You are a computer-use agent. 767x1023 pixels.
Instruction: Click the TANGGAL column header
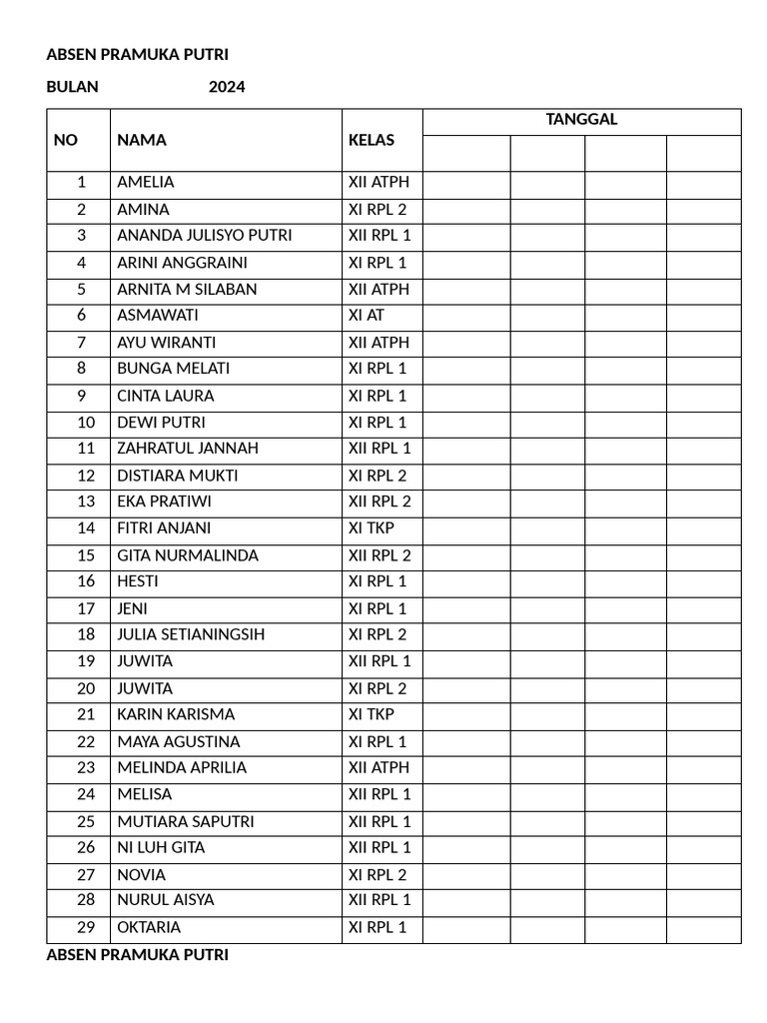pyautogui.click(x=581, y=120)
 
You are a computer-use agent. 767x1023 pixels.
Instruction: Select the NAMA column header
pyautogui.click(x=142, y=140)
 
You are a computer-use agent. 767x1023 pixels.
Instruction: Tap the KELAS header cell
pyautogui.click(x=371, y=140)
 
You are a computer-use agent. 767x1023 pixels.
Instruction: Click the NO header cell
pyautogui.click(x=66, y=140)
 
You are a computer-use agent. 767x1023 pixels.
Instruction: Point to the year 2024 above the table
pyautogui.click(x=227, y=87)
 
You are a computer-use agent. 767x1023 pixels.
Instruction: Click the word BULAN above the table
pyautogui.click(x=73, y=87)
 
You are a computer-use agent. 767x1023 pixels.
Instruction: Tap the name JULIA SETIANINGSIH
pyautogui.click(x=191, y=634)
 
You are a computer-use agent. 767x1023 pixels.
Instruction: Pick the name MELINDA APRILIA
pyautogui.click(x=182, y=767)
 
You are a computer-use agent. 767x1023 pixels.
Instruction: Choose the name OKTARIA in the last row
pyautogui.click(x=149, y=927)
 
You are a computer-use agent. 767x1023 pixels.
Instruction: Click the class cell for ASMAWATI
pyautogui.click(x=367, y=315)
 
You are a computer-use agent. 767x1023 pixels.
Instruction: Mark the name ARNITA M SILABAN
pyautogui.click(x=187, y=289)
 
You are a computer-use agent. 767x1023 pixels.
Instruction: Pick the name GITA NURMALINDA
pyautogui.click(x=188, y=555)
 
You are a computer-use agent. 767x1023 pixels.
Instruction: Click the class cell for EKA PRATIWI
pyautogui.click(x=380, y=502)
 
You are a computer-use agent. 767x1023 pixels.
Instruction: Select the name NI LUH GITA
pyautogui.click(x=161, y=847)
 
